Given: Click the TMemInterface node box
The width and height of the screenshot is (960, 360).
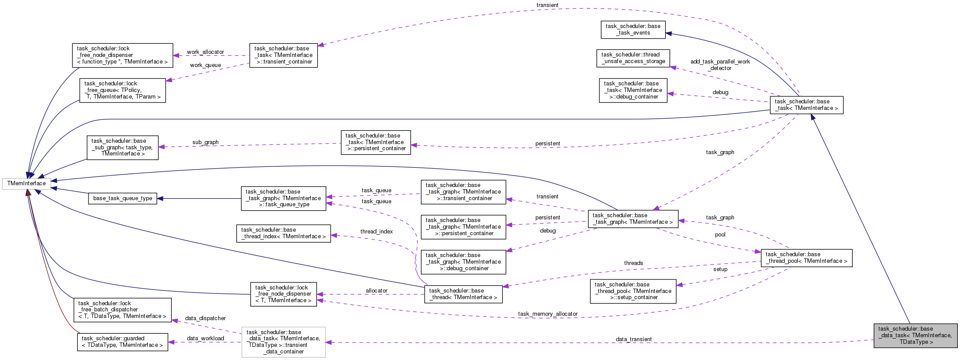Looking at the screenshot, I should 26,184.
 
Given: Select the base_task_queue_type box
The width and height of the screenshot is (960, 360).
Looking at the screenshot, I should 123,198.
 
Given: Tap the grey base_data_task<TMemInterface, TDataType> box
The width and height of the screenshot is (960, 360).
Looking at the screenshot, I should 915,335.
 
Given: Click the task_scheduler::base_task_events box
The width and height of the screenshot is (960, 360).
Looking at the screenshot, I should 633,29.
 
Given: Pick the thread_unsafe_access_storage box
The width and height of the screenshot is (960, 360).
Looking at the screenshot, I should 633,58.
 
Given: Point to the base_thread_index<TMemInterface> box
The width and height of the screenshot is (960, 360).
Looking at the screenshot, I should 283,233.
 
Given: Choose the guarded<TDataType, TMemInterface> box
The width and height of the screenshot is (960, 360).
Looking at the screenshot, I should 123,342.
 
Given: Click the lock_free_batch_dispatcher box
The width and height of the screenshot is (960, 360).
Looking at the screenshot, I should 122,310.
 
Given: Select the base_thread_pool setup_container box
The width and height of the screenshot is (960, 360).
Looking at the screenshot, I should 633,291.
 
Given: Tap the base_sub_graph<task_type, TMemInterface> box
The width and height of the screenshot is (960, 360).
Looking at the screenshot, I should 122,147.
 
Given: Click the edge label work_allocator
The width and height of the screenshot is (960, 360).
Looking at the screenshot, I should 205,52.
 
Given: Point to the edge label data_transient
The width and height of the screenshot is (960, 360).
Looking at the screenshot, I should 633,339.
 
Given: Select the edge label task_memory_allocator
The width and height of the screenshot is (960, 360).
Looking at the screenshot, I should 548,314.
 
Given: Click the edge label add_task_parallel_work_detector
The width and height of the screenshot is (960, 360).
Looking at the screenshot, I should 720,65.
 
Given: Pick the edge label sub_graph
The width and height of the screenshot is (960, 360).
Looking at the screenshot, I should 205,142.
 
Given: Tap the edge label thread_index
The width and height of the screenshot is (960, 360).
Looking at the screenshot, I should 376,232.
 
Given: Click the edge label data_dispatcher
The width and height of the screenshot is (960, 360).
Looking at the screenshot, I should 205,318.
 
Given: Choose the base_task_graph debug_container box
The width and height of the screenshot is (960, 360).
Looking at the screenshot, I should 463,262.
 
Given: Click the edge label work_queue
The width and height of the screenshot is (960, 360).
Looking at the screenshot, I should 205,65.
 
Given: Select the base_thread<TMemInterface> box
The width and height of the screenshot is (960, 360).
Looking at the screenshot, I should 463,294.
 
